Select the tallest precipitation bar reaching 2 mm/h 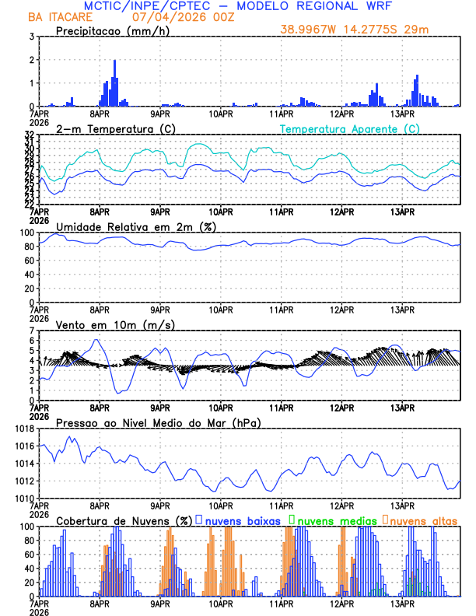(114, 82)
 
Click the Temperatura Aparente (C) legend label (350, 129)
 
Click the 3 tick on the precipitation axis (31, 37)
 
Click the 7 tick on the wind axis (31, 331)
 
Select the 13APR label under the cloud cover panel (402, 603)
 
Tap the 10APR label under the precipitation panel (220, 114)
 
